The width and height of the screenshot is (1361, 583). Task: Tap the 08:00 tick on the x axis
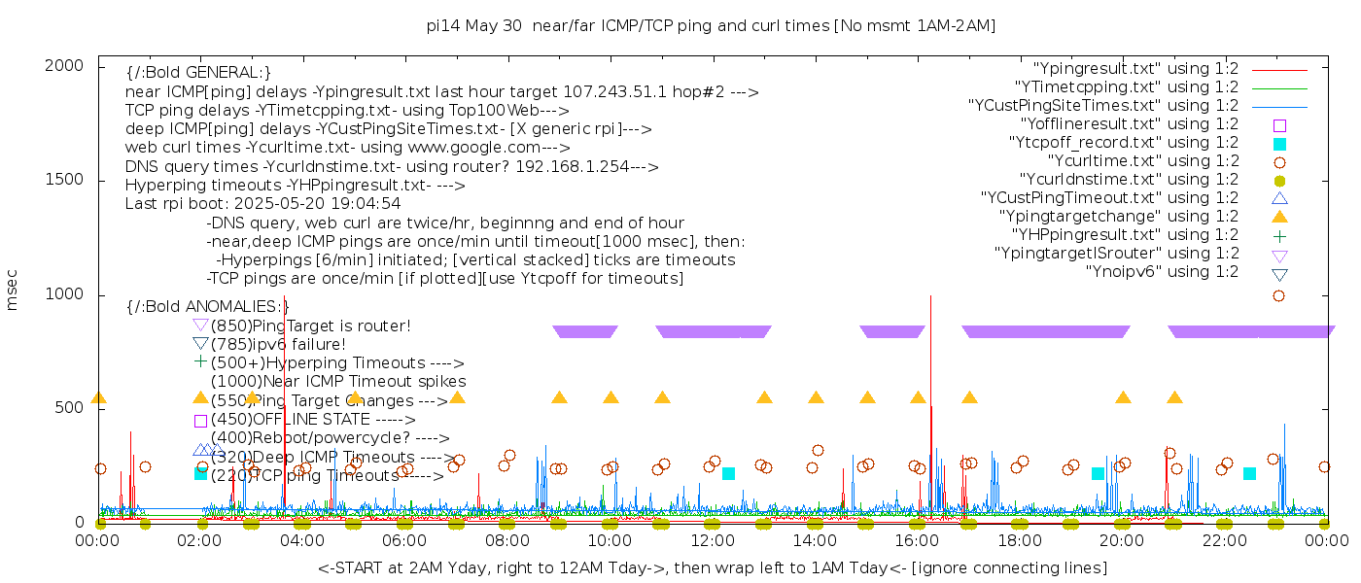click(506, 540)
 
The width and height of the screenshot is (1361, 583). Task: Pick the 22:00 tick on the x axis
click(1223, 540)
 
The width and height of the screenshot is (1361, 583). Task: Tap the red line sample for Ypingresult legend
click(1279, 70)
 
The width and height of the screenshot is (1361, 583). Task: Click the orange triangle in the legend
click(1279, 217)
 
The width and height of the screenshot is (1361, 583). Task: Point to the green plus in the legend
click(1279, 235)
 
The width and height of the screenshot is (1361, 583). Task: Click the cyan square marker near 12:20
click(728, 473)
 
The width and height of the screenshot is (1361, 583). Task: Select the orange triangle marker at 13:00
click(764, 397)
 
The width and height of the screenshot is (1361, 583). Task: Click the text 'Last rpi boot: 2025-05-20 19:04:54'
click(263, 204)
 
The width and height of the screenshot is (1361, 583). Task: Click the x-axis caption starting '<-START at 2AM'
click(712, 567)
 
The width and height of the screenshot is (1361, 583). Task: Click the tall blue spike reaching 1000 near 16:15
click(931, 311)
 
